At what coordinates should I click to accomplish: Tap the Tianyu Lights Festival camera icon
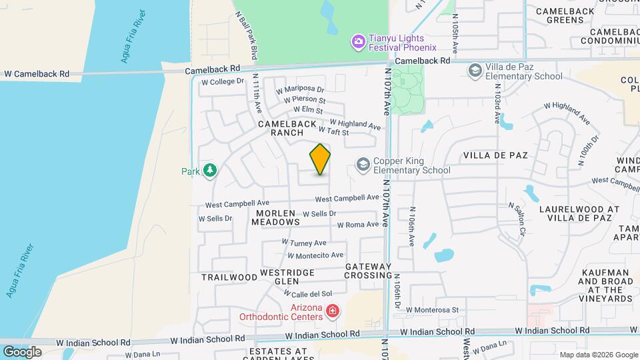point(359,42)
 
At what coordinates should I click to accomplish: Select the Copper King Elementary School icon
point(363,165)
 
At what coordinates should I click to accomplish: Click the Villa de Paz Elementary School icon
point(475,71)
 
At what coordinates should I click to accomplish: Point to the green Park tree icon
point(210,171)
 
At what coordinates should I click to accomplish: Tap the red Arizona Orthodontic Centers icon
point(331,311)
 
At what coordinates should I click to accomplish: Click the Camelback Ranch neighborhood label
point(282,128)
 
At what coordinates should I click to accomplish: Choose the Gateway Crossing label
point(369,271)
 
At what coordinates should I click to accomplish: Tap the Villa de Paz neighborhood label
point(495,155)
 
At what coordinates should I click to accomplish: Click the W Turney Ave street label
point(304,243)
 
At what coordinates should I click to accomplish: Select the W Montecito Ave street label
point(315,255)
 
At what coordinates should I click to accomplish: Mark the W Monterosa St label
point(433,309)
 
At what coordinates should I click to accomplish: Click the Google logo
point(22,351)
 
